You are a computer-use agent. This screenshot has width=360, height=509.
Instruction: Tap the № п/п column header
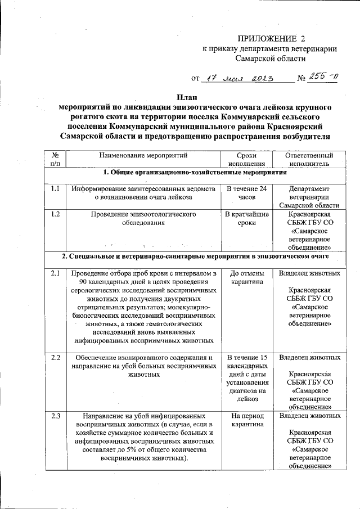click(55, 159)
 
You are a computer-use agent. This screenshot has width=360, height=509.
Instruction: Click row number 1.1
click(55, 189)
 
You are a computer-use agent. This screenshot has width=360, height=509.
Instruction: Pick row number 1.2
click(55, 214)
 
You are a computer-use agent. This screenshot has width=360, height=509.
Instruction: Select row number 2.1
click(55, 273)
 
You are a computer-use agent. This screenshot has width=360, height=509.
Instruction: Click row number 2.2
click(55, 358)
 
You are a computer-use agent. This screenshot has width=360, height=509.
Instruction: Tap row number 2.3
click(55, 416)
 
